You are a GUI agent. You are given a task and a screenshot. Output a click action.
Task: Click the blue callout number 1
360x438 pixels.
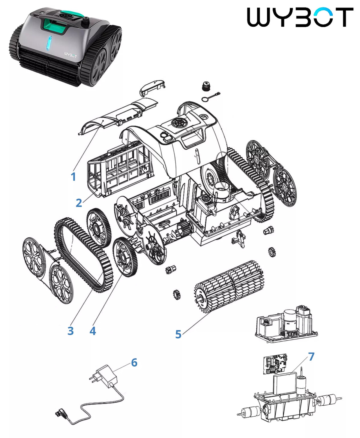(73, 177)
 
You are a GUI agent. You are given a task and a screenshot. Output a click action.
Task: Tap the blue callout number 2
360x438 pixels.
(79, 203)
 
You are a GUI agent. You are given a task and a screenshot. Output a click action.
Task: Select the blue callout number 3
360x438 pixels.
(70, 331)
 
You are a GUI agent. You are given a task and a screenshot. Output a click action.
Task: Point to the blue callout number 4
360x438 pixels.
(93, 331)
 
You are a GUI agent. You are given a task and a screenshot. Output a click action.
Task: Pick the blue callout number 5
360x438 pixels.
(178, 334)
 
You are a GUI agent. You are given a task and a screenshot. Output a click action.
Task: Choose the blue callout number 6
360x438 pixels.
(134, 363)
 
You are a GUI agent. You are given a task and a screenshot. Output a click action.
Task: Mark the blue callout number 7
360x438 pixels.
(311, 357)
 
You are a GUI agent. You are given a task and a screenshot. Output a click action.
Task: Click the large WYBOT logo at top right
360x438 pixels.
(300, 17)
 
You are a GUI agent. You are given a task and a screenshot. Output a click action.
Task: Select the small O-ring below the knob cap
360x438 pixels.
(205, 99)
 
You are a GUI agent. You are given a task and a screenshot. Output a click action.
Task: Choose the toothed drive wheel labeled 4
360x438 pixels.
(125, 257)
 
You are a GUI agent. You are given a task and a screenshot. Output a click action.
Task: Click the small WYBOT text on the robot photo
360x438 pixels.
(70, 55)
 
